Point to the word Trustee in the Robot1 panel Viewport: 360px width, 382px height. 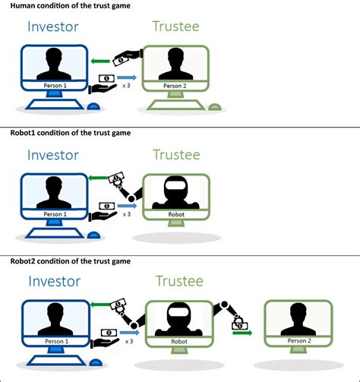[176, 155]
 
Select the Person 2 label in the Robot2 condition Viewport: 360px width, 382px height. [297, 342]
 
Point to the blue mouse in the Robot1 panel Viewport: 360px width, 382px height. [94, 234]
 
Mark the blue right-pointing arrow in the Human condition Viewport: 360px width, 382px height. [127, 77]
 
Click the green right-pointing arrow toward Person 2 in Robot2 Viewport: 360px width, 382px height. [242, 331]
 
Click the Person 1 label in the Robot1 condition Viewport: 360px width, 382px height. [53, 215]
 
